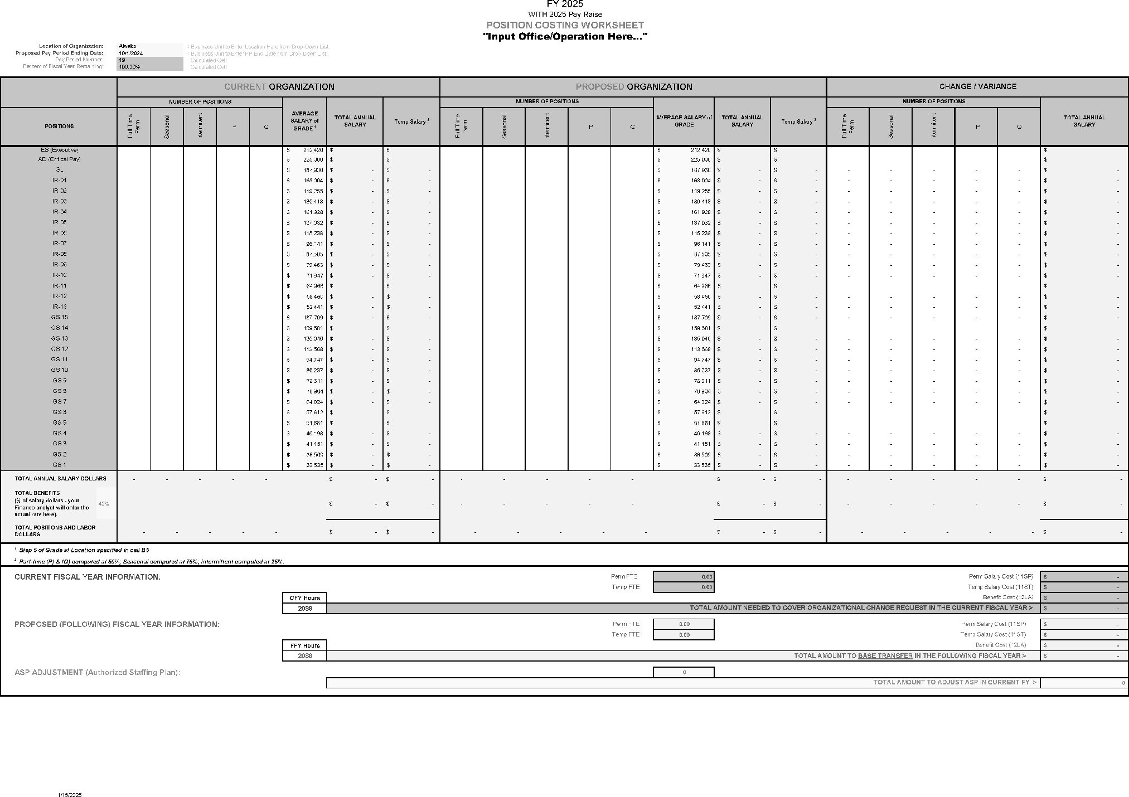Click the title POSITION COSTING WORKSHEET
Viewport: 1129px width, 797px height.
click(x=565, y=25)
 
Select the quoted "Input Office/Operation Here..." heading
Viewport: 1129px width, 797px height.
click(x=565, y=37)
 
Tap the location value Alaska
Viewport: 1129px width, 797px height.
click(x=127, y=46)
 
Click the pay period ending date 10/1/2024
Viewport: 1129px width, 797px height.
click(x=131, y=54)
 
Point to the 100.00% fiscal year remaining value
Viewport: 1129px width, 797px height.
click(x=129, y=67)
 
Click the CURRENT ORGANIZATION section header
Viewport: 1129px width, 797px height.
click(x=279, y=87)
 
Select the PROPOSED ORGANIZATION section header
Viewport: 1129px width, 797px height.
click(x=633, y=87)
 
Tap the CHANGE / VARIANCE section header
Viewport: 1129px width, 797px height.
click(x=977, y=86)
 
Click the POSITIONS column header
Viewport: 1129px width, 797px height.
click(x=59, y=127)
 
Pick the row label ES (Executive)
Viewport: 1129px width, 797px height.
click(x=59, y=150)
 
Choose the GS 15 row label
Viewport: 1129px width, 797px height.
click(x=59, y=318)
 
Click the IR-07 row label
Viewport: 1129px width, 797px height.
click(x=59, y=244)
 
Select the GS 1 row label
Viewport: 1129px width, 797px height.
click(x=59, y=465)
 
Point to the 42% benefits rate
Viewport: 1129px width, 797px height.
click(x=104, y=504)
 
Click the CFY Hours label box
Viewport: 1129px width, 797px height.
click(x=304, y=598)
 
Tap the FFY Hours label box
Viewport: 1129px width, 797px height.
click(x=304, y=645)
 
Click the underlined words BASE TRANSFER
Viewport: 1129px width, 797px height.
click(x=885, y=656)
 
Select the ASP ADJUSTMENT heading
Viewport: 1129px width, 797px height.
click(x=97, y=672)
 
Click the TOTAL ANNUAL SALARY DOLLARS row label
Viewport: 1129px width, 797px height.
click(x=60, y=479)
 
